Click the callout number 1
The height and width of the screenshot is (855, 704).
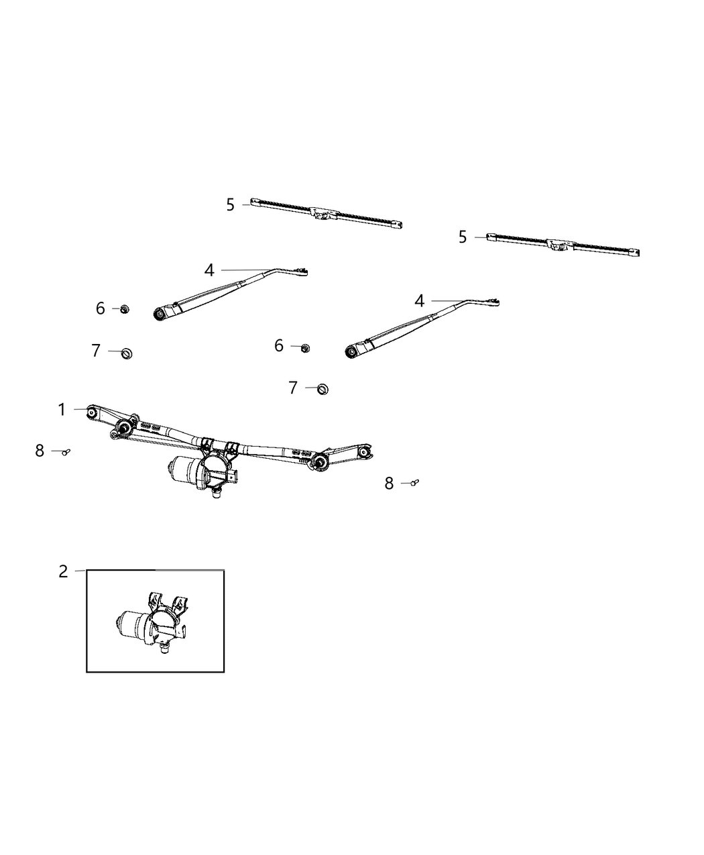[x=62, y=410]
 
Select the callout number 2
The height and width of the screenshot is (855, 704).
[x=63, y=571]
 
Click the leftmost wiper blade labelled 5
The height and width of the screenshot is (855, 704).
[x=326, y=214]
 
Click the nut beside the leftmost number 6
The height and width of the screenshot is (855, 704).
[x=125, y=309]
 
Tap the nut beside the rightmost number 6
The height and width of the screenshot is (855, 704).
[x=305, y=347]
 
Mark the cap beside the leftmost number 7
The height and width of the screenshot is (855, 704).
[x=126, y=353]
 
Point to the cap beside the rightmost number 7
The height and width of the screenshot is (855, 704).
[x=322, y=388]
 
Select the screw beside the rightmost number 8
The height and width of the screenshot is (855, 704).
[x=414, y=482]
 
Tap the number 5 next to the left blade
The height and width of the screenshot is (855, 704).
[x=231, y=205]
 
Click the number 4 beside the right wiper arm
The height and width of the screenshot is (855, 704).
[x=420, y=301]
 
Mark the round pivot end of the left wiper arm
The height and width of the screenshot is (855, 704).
[x=160, y=314]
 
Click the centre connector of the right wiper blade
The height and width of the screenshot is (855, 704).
[x=558, y=245]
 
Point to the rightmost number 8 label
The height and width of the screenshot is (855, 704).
[x=389, y=483]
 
